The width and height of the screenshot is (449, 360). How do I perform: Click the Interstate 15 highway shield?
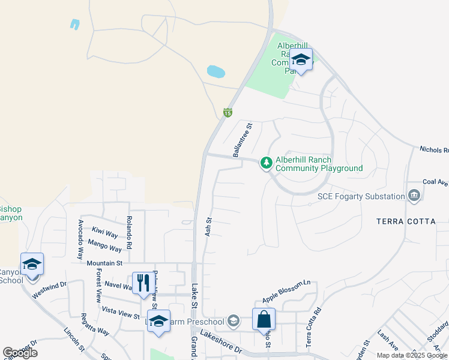coord(228,112)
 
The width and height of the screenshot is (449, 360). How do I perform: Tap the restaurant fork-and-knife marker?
coord(143,283)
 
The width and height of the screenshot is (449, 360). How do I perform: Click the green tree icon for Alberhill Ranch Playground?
coord(267,163)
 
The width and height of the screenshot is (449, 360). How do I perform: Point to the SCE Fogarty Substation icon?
coord(414,196)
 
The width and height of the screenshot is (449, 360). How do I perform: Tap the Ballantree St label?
coord(244,139)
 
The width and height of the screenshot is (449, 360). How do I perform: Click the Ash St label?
coord(208,226)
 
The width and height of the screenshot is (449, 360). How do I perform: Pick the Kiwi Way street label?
coord(105,233)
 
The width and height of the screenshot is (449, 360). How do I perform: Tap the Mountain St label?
coord(104,263)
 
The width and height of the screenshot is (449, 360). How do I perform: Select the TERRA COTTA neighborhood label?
coord(406,221)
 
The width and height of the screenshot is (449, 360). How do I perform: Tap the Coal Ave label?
coord(435,182)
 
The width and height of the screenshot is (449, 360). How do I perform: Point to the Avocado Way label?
coord(80,239)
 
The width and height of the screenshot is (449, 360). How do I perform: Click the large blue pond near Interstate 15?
coord(216,72)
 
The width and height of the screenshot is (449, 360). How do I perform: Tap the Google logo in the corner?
coord(20,353)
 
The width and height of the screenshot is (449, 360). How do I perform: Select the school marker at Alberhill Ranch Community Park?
coord(301,60)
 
